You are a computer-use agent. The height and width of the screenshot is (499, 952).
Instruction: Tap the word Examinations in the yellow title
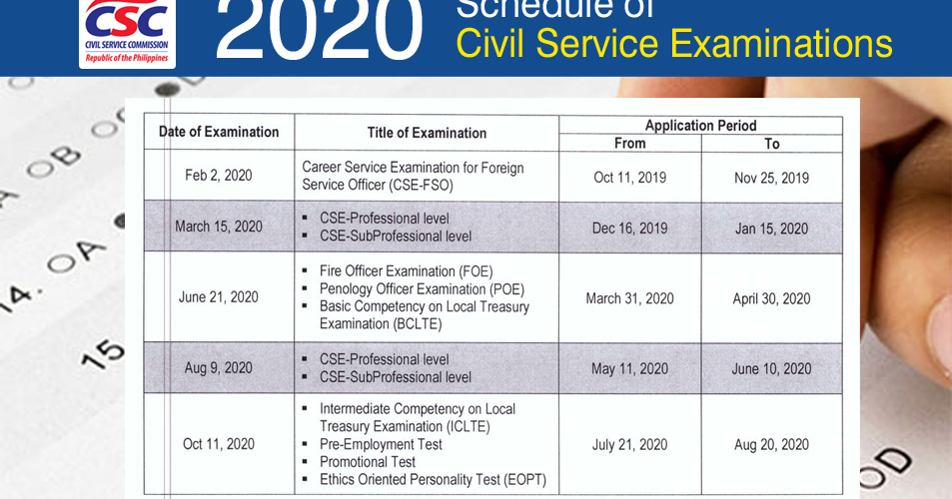click(779, 44)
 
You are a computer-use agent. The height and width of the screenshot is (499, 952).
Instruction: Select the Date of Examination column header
click(219, 132)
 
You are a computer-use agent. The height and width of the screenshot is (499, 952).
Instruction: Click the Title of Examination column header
click(427, 133)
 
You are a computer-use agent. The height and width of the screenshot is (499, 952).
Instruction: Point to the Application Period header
click(700, 126)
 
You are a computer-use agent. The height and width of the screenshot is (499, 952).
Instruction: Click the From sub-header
click(629, 144)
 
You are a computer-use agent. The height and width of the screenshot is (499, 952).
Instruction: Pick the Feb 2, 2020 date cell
click(219, 176)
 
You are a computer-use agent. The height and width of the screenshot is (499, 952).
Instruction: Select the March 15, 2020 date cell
click(219, 227)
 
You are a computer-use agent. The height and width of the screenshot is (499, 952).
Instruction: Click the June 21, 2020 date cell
click(219, 297)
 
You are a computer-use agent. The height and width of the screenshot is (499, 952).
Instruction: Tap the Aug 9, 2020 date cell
click(219, 368)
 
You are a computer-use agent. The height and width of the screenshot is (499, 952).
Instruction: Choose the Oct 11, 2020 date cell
click(219, 444)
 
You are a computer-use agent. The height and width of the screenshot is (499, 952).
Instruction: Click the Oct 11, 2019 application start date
click(629, 178)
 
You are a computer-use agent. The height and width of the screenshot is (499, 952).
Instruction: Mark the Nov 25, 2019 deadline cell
click(771, 178)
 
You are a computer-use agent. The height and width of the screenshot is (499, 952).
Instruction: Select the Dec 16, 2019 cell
click(629, 229)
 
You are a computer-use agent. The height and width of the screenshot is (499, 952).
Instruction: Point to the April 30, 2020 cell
click(771, 298)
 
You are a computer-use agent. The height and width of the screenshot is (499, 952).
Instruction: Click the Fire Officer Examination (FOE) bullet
click(406, 271)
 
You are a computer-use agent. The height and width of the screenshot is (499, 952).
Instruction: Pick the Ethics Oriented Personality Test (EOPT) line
click(433, 480)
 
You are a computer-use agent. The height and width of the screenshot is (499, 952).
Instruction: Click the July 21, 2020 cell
click(629, 445)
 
